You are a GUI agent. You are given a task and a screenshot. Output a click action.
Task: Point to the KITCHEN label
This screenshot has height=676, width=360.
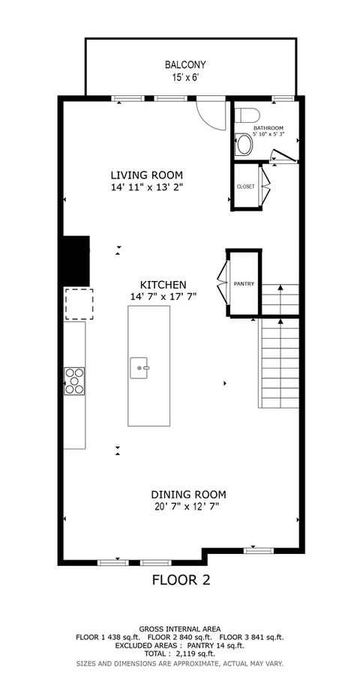(163, 285)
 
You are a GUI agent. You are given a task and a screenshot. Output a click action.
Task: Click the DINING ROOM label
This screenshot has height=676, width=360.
(188, 495)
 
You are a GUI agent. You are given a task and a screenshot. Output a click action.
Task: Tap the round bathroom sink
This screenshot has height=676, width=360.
(244, 145)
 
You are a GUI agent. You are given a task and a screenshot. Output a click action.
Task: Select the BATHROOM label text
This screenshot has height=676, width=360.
(268, 128)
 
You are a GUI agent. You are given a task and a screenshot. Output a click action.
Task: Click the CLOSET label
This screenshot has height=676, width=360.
(245, 187)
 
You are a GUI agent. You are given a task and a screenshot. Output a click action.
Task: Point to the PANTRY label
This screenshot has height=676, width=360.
(244, 284)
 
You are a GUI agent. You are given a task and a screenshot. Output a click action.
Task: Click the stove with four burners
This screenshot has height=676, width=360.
(74, 380)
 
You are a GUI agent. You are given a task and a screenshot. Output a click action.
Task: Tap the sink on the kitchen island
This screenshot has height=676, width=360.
(140, 368)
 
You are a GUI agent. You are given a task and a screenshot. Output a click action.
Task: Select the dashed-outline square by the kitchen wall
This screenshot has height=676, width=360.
(79, 304)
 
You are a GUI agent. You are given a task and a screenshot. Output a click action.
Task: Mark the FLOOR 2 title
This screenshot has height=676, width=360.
(181, 579)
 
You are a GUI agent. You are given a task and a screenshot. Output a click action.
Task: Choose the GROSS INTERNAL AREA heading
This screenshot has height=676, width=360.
(179, 629)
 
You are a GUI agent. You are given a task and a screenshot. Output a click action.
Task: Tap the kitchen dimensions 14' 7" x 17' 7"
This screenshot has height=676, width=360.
(163, 297)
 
